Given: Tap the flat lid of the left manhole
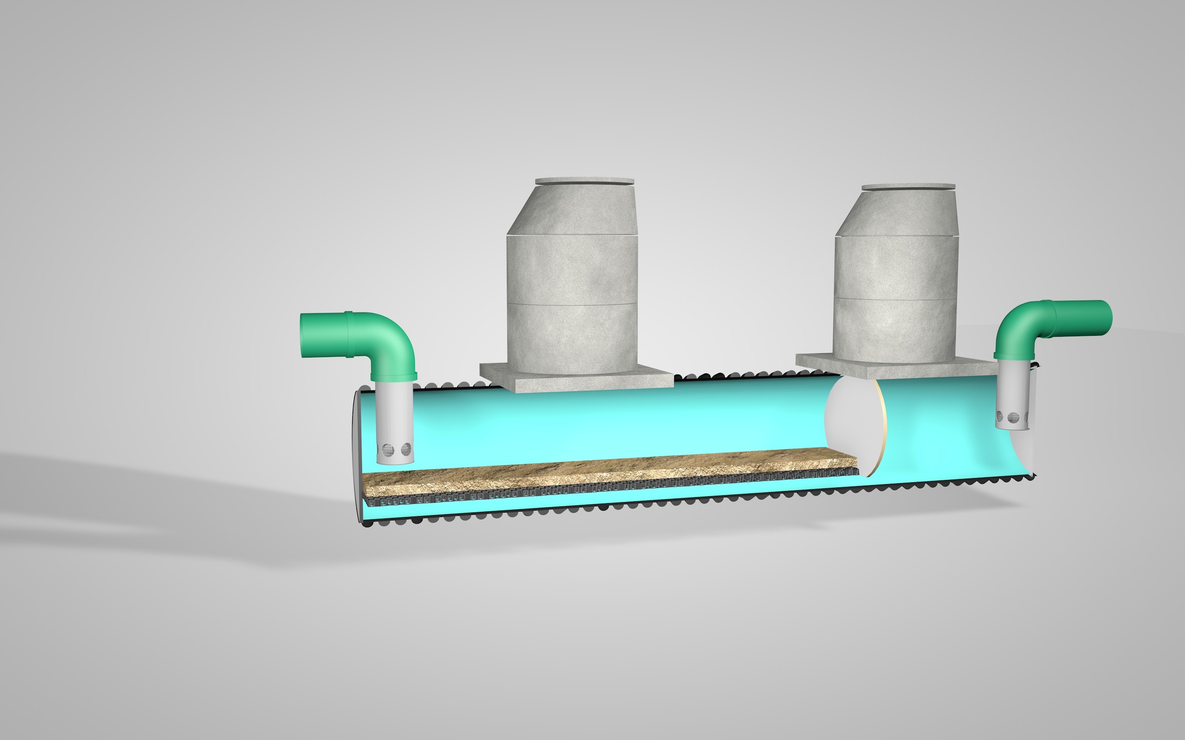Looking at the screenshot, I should [x=585, y=181].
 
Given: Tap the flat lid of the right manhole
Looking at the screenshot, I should [x=908, y=187].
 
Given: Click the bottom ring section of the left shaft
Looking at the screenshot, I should [x=572, y=338].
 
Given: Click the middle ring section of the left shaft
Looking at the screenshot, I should [x=572, y=269].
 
